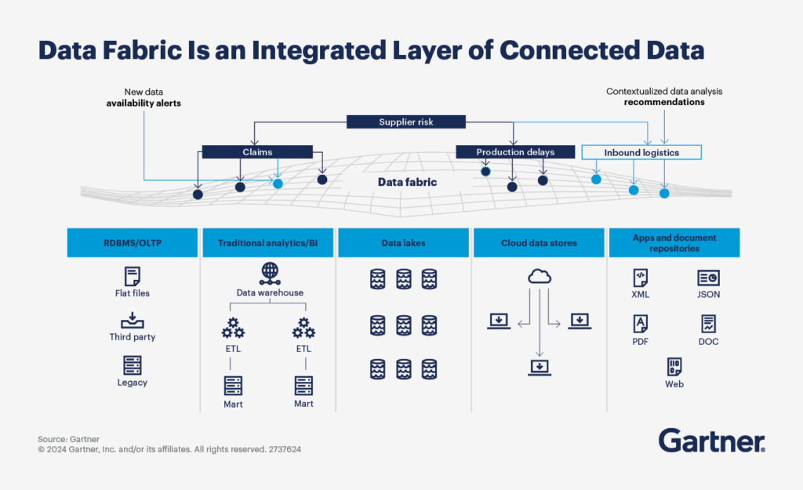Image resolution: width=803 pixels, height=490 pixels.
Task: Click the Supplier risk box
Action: pos(406,122)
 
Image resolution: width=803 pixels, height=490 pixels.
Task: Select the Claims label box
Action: pos(257,152)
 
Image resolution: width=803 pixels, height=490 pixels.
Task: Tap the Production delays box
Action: pos(514,152)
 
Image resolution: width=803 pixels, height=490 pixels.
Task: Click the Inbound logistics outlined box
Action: pos(641,152)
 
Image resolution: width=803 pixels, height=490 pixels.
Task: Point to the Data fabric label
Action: pos(407,182)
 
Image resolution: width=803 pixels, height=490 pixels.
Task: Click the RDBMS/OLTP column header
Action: pos(132,243)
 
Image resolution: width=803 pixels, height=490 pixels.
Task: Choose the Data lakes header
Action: pos(403,243)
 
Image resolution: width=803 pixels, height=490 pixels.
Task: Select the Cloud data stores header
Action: pos(539,243)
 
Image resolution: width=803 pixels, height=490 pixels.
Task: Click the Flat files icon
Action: pos(132,276)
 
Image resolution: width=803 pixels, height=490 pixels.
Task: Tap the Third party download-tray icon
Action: pos(132,320)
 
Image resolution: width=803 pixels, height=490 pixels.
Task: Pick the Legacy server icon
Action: pos(132,365)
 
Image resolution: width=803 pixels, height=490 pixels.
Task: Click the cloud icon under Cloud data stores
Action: pos(539,276)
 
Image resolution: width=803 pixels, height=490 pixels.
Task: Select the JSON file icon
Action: pos(708,278)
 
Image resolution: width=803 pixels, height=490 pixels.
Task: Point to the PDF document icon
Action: pos(641,323)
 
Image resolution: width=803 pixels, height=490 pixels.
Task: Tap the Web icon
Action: pos(674,366)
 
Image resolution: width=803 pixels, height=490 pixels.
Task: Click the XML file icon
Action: pos(641,278)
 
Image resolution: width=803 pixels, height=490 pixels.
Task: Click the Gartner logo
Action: pos(711,441)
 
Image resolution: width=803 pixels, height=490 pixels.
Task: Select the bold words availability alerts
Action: pos(144,103)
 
